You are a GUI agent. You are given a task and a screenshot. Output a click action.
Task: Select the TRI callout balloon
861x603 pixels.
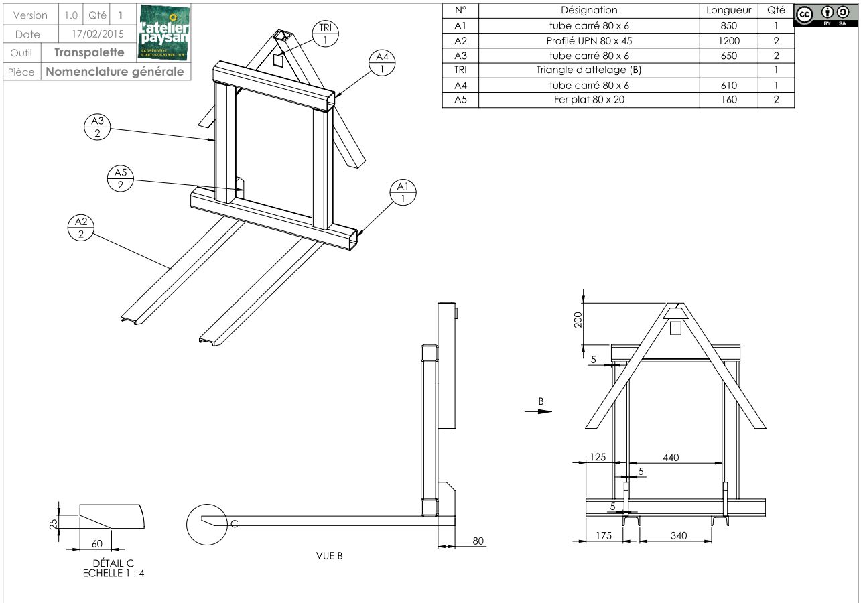(x=325, y=33)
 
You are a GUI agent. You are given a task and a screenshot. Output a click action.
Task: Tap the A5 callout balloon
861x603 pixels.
(x=120, y=178)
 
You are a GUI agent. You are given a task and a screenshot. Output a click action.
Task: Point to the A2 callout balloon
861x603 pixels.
(x=80, y=227)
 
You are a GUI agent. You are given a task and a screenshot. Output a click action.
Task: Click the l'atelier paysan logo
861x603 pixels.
(x=163, y=31)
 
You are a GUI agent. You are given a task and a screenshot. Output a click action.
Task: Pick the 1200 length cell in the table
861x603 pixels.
(x=729, y=40)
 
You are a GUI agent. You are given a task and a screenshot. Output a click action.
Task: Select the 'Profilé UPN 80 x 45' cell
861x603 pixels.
(x=589, y=40)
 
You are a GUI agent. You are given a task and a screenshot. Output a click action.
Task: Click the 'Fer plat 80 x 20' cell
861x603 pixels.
(x=589, y=100)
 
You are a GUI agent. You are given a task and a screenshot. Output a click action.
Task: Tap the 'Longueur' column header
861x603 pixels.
(x=729, y=11)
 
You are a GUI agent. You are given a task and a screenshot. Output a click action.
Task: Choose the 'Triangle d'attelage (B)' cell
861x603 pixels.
(x=589, y=70)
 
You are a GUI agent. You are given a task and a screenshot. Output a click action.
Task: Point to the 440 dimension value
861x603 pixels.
(x=671, y=458)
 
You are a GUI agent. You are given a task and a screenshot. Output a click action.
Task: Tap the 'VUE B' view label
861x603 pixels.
(x=330, y=555)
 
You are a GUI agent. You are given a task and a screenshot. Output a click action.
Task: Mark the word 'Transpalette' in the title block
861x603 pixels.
(x=89, y=52)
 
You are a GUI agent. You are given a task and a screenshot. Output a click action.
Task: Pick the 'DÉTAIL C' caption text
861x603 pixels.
(x=113, y=563)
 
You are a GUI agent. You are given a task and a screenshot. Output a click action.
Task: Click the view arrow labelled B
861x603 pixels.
(x=539, y=410)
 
